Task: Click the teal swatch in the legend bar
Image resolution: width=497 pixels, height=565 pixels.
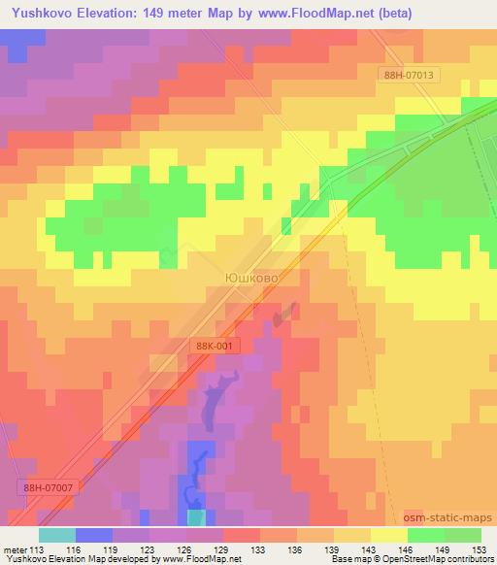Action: [x=57, y=535]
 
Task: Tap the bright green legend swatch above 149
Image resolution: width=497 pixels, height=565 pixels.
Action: [x=425, y=535]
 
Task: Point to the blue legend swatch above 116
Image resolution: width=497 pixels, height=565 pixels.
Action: [x=94, y=535]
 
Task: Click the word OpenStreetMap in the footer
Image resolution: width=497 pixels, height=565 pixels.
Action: [x=407, y=560]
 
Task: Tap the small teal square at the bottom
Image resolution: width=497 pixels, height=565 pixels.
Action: [x=197, y=518]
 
